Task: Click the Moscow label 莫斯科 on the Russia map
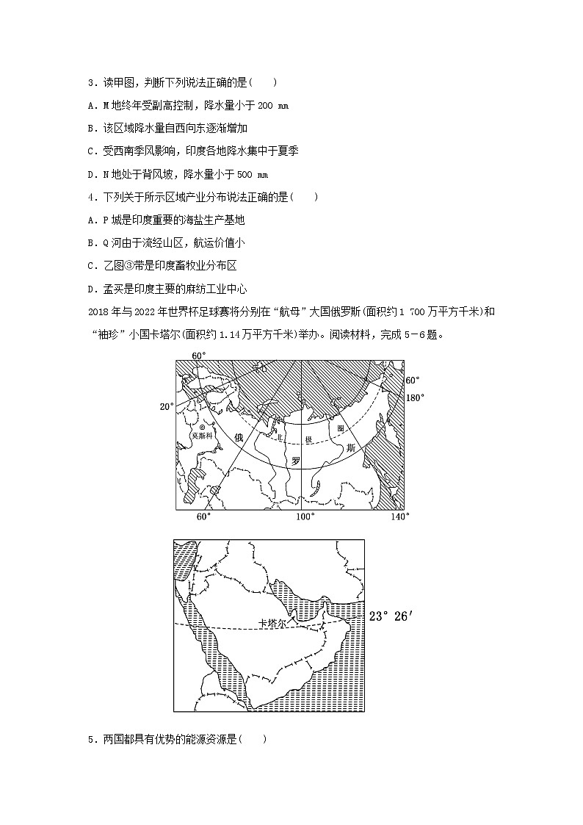tap(200, 435)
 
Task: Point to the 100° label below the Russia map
tap(305, 516)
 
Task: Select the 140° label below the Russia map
tap(400, 516)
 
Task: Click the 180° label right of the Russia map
tap(416, 397)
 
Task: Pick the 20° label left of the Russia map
tap(167, 406)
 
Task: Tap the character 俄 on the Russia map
tap(237, 437)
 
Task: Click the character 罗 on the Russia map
tap(295, 461)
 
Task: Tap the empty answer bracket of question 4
tap(305, 198)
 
